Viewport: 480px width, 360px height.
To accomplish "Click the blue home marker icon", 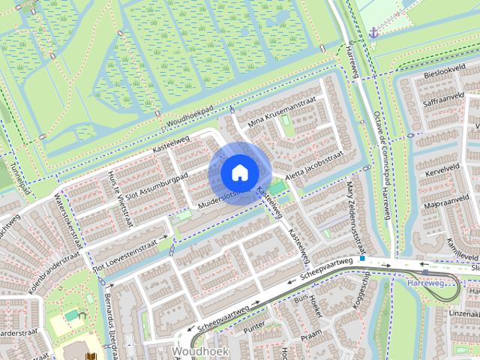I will coord(238,172).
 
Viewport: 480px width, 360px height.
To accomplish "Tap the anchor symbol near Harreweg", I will coord(373,32).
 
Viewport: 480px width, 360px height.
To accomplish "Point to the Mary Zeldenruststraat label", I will coord(357,218).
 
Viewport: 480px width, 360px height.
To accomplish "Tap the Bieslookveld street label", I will coord(439,77).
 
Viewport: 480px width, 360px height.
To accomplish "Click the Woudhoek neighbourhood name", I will coord(193,350).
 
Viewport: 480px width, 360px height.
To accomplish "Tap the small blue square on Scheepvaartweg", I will coord(362,259).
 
